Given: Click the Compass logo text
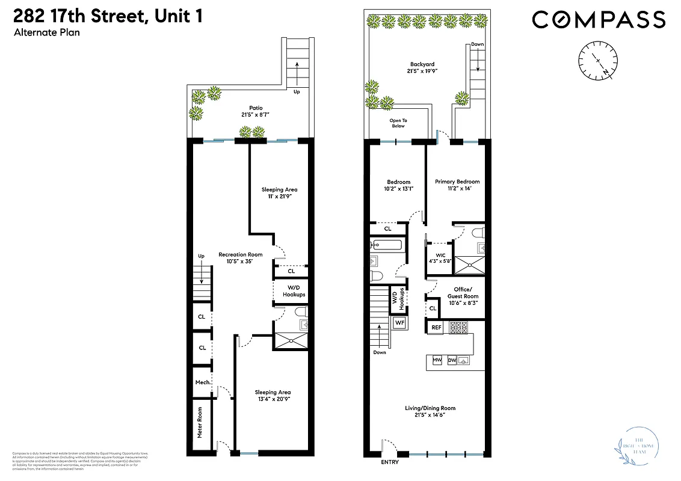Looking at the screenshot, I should point(599,19).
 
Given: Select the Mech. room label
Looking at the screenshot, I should point(202,382).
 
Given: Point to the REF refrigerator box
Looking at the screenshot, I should point(437,328).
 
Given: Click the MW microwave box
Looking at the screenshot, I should point(437,361).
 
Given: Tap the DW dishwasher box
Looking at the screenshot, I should point(452,361).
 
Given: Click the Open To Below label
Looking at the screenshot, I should point(398,123).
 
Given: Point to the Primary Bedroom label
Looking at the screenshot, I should point(457,185).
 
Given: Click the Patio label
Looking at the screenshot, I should point(256,111).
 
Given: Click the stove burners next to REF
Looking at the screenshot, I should point(459,328).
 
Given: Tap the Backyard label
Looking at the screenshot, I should point(422,67).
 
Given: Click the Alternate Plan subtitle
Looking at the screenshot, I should point(46,32).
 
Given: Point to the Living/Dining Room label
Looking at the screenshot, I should point(430,411).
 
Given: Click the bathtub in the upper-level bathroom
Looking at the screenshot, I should point(386,245).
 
